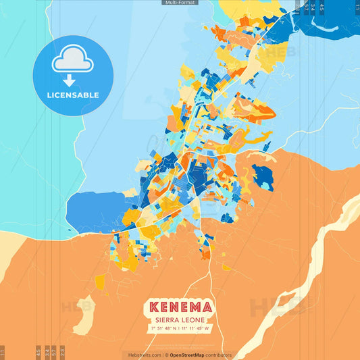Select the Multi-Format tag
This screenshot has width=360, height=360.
point(180,3)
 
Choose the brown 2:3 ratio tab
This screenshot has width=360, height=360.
point(62,352)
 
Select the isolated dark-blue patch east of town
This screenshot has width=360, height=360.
point(263,176)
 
